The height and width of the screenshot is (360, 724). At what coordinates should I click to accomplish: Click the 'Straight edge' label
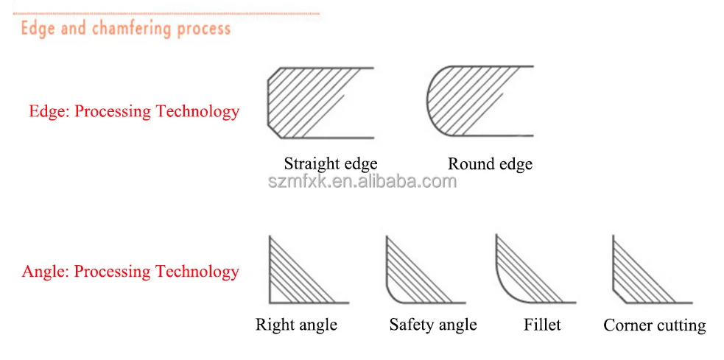coord(331,163)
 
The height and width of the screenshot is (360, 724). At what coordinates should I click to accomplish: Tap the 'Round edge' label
coord(490,163)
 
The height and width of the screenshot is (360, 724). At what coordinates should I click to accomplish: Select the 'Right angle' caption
coord(296,325)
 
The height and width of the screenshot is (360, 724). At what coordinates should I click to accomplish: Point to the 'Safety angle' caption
coord(433,325)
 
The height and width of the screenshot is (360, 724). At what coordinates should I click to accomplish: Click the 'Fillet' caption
coord(542,325)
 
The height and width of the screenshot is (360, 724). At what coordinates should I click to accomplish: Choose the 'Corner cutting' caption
coord(654,325)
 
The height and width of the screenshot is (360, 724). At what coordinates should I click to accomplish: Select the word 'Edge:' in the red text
coord(49,112)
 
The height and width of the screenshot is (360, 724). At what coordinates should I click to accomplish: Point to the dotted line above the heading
coord(166,13)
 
